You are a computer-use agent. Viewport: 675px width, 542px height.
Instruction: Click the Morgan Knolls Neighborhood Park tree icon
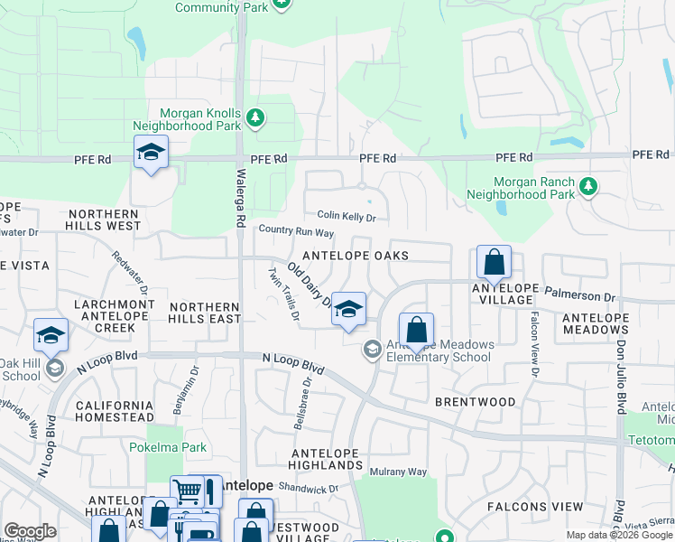pos(255,117)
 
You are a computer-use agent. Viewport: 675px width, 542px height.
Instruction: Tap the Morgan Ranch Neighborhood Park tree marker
pos(588,186)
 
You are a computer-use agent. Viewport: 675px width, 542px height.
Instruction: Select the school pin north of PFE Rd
pos(152,153)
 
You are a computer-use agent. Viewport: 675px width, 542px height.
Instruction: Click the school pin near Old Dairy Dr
pos(347,310)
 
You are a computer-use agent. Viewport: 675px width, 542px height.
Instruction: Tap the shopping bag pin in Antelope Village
pos(494,263)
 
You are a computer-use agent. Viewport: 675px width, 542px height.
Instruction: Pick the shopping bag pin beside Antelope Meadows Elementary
pos(416,331)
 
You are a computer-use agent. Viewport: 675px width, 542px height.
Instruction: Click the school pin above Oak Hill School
pos(51,336)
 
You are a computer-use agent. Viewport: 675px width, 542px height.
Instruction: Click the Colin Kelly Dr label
pos(346,217)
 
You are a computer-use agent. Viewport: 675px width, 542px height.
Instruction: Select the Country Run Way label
pos(296,232)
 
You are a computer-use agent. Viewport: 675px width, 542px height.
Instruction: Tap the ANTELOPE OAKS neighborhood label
pos(356,256)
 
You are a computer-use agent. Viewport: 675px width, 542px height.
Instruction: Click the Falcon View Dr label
pos(534,344)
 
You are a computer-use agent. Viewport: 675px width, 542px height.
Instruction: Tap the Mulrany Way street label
pos(398,472)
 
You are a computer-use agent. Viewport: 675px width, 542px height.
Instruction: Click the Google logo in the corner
pos(30,531)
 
